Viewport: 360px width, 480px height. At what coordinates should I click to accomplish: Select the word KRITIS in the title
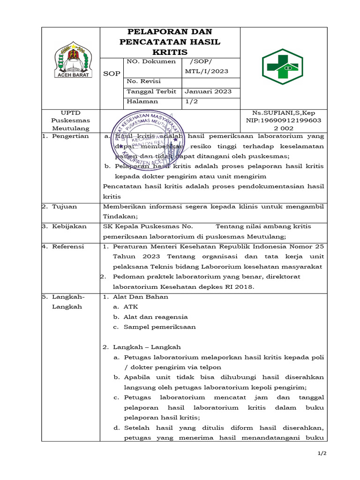170,52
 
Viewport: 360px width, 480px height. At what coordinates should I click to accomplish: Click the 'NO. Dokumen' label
151,61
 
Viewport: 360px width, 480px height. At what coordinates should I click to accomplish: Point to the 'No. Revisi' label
143,82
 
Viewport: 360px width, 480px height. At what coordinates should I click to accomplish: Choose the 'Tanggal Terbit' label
151,91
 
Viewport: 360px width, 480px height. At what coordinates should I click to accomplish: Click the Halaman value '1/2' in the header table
191,101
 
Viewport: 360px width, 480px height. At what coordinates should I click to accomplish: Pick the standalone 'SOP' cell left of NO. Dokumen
112,74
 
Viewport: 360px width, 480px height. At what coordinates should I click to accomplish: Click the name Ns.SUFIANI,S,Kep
284,113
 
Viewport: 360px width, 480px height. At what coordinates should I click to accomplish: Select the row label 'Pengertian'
70,136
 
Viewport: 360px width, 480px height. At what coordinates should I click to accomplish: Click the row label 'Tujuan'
65,206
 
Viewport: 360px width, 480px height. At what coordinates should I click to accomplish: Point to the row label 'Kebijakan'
69,226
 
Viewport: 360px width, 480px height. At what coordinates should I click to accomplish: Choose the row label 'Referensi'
68,247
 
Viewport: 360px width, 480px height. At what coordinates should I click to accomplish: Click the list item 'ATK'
131,307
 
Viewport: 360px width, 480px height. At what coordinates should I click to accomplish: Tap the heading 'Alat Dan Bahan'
141,297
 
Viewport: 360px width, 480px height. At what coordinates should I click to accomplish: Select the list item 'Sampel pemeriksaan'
159,327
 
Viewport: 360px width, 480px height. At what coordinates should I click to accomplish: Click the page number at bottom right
322,453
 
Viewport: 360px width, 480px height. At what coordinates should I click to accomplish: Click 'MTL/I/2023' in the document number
207,71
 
